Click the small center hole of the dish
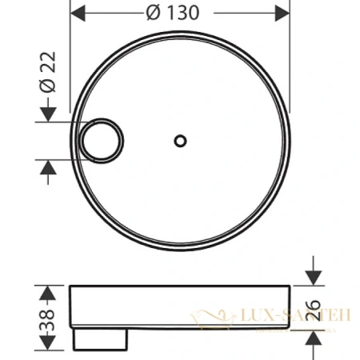click(179, 141)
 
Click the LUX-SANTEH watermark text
click(295, 317)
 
